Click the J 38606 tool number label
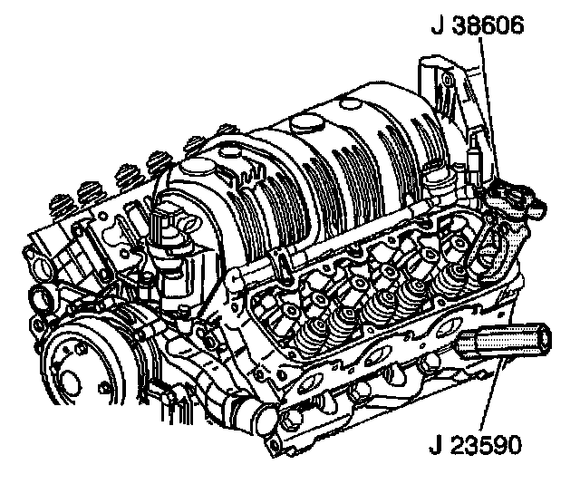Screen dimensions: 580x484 478,25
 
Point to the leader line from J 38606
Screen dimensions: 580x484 489,108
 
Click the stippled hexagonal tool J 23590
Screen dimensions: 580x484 503,341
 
